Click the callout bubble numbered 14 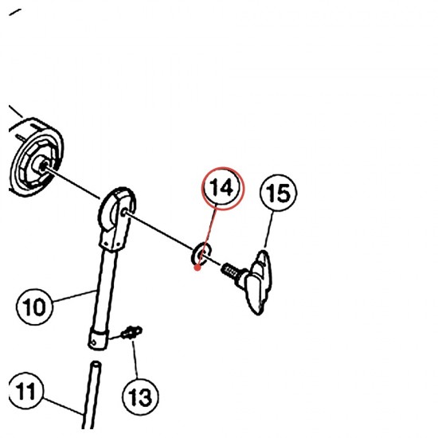[x=223, y=187]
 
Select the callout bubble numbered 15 [x=278, y=193]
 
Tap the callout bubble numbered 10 [x=34, y=307]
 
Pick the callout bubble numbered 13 [x=140, y=397]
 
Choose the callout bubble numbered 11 [x=25, y=390]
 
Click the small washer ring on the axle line [x=201, y=253]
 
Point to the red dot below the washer [x=197, y=268]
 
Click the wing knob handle [x=258, y=282]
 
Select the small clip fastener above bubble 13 [x=131, y=332]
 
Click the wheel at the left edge [x=35, y=158]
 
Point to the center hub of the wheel [x=43, y=166]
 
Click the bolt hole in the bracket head [x=124, y=213]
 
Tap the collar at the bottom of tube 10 [x=98, y=338]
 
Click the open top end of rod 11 [x=96, y=364]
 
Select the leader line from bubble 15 [x=268, y=229]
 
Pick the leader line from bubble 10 [x=74, y=296]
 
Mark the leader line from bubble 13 [x=135, y=359]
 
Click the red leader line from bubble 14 [x=207, y=237]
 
